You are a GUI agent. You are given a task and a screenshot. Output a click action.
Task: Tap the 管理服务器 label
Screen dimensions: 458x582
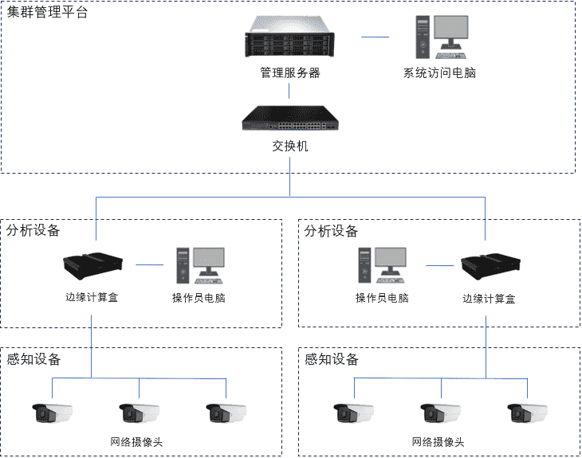[289, 72]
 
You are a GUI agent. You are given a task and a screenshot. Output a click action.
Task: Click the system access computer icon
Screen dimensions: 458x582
[439, 38]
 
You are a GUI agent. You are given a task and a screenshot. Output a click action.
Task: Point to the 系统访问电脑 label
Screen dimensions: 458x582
[439, 72]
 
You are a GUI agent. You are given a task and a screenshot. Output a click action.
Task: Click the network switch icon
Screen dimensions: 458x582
[289, 119]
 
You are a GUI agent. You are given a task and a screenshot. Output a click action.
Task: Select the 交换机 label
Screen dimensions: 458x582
[289, 146]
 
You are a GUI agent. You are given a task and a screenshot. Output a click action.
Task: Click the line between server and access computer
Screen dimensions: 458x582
[375, 37]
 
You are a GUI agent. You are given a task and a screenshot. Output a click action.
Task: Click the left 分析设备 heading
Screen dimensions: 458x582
[33, 230]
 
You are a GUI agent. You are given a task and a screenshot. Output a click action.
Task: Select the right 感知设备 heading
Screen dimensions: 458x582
[332, 359]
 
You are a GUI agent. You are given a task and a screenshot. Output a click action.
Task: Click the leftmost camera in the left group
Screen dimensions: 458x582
[53, 413]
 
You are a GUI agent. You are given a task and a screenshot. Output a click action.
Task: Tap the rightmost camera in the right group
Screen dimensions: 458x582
[527, 413]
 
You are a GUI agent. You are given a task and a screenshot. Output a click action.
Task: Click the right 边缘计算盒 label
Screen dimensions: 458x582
[489, 299]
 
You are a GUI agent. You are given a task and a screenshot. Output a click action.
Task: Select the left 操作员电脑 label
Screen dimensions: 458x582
[199, 299]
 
